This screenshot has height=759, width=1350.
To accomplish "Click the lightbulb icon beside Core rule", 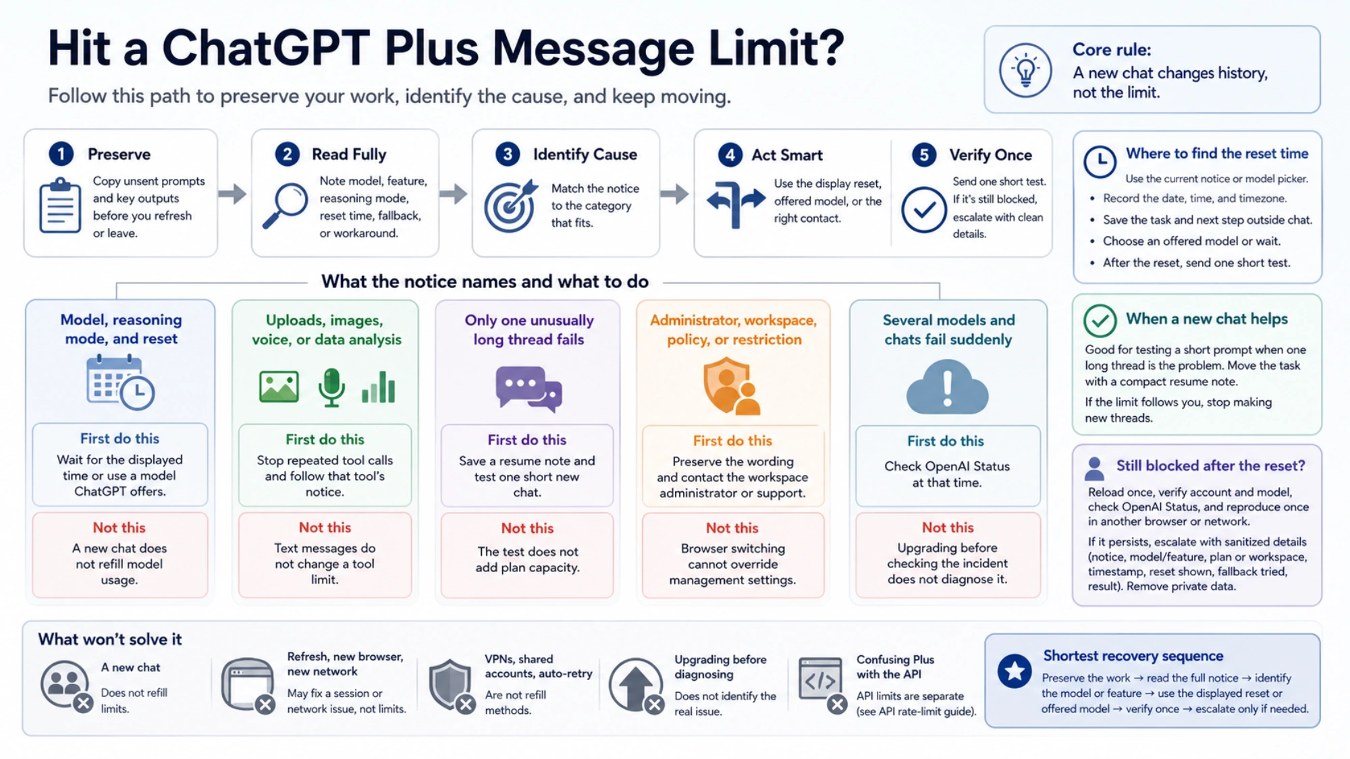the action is (1025, 70).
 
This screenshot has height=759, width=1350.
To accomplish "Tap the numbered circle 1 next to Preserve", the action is (61, 154).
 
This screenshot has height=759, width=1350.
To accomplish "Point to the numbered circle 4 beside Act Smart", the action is (730, 154).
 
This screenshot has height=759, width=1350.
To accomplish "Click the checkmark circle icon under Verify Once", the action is (924, 210).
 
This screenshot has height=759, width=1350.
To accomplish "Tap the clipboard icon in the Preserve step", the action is (60, 205).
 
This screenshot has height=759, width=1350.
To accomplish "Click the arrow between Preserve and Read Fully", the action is (233, 194).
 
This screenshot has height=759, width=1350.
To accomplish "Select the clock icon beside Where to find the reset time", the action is (1100, 162).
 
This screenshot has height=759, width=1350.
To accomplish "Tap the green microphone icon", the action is (331, 387).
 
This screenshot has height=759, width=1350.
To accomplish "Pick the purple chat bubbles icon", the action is (529, 389).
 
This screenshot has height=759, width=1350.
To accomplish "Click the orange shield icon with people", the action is (732, 387).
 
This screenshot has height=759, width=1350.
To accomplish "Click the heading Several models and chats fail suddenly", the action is (948, 329).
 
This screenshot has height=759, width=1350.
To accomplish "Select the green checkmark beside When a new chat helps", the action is (1100, 320).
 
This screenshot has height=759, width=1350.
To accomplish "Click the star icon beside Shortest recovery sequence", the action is (1015, 671).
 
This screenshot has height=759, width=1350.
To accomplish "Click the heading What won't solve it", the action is (110, 639).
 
